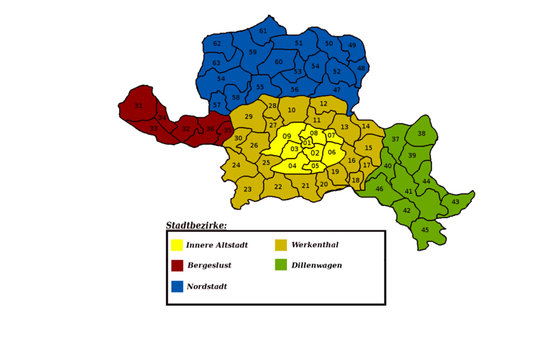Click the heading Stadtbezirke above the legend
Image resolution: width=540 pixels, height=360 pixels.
196,226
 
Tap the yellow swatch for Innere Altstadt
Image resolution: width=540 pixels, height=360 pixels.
177,245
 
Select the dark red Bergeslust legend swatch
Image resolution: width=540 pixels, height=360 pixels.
177,265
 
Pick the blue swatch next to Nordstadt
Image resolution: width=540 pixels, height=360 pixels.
177,286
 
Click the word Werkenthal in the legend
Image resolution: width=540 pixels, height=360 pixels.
315,245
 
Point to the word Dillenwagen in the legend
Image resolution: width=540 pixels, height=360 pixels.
317,265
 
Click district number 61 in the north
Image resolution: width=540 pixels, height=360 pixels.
263,31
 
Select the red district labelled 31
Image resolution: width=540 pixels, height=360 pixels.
138,106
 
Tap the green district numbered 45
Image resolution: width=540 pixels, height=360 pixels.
425,230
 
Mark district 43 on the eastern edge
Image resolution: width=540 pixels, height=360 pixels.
455,202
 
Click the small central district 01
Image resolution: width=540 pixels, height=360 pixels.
306,143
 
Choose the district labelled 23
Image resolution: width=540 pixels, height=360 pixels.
248,190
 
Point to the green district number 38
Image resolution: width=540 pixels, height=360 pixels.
421,134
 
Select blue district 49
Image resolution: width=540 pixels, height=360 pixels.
352,46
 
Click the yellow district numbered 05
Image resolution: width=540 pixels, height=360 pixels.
315,166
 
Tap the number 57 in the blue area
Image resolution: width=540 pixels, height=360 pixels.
217,105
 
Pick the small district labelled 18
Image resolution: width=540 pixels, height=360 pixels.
356,180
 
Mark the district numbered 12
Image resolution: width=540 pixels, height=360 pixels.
323,104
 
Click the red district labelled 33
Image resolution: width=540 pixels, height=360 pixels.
154,128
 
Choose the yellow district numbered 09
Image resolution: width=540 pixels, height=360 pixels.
287,136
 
